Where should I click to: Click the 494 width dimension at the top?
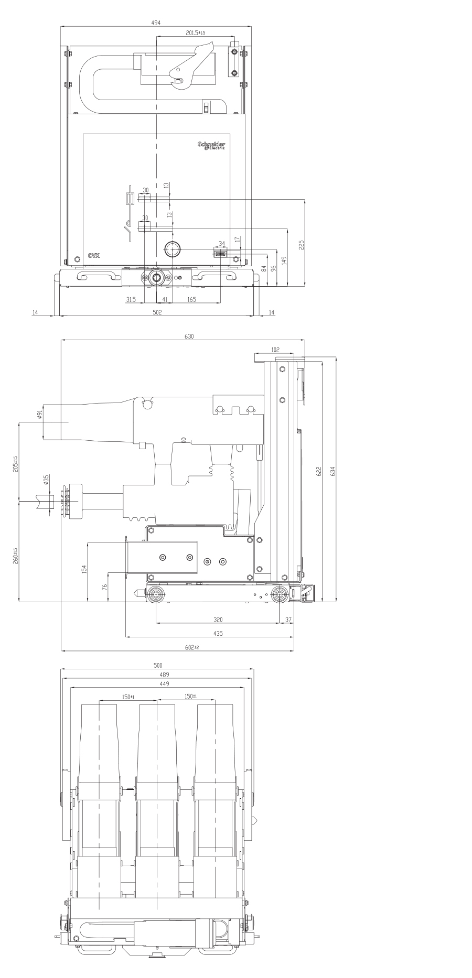point(156,23)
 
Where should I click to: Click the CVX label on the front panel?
point(94,256)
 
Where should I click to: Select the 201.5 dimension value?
point(195,32)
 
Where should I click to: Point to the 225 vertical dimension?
point(301,244)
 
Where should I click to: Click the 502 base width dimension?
point(157,312)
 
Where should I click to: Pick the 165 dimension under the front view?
point(191,299)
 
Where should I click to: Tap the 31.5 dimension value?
point(131,299)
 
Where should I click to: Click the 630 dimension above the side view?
point(189,336)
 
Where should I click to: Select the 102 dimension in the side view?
point(275,350)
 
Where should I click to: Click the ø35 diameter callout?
point(46,479)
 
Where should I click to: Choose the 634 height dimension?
point(332,471)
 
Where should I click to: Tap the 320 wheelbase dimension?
point(218,620)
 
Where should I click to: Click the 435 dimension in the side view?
point(218,633)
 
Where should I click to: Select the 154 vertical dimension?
point(84,569)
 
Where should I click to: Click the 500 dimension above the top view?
point(157,665)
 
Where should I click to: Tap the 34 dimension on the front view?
point(221,243)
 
